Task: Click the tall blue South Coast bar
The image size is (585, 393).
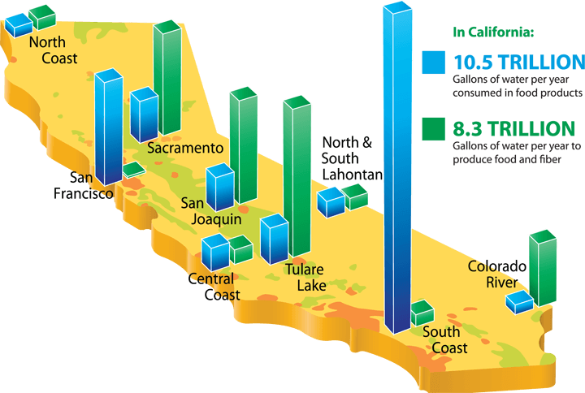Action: (397, 168)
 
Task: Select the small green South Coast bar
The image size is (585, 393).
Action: (422, 313)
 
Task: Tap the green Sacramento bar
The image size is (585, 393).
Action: (167, 78)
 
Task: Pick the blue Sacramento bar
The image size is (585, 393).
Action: (144, 114)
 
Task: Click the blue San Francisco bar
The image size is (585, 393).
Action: (109, 127)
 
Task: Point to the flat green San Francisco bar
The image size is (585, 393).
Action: (134, 170)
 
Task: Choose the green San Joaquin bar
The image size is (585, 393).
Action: (243, 145)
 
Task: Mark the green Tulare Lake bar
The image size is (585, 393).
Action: (297, 176)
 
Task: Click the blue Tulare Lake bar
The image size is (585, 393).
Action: (275, 239)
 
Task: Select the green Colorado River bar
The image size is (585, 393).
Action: (543, 268)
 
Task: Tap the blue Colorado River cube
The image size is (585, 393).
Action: (520, 301)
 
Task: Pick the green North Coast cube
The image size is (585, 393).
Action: (42, 17)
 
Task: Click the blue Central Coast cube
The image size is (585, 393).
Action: (215, 252)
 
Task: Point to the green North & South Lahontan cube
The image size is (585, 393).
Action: (354, 196)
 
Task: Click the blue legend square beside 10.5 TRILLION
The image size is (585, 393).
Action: (434, 62)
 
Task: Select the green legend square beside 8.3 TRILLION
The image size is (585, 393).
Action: (434, 128)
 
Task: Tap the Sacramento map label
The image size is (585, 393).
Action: (185, 148)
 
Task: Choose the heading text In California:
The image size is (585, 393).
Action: (493, 32)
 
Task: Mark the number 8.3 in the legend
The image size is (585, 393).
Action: (468, 128)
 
